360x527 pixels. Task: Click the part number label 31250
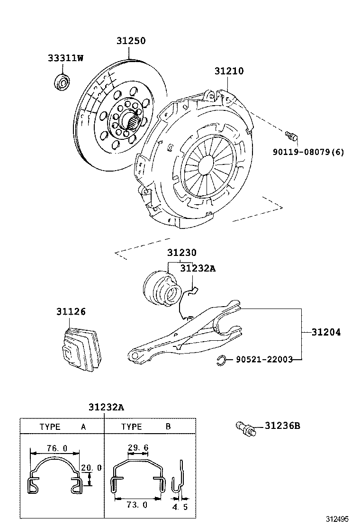click(x=131, y=41)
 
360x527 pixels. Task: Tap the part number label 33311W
click(x=65, y=58)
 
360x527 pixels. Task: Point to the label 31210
click(x=229, y=71)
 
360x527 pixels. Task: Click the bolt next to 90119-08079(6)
click(x=292, y=136)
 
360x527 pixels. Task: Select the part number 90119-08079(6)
click(x=308, y=152)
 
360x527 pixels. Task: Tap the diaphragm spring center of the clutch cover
click(x=207, y=164)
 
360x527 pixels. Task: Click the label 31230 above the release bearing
click(x=181, y=253)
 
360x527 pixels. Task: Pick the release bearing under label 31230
click(x=161, y=287)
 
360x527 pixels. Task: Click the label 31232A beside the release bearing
click(x=198, y=268)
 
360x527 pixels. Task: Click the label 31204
click(x=326, y=332)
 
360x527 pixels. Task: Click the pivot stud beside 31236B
click(x=246, y=428)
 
